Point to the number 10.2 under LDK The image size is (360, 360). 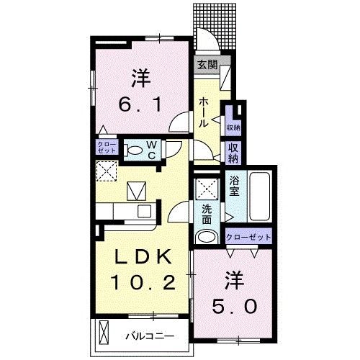coord(141,282)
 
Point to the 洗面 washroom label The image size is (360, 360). coord(207,214)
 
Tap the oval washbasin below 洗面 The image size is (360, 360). coord(207,238)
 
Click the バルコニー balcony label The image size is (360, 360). coord(150,335)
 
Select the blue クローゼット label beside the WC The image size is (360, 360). coord(107,148)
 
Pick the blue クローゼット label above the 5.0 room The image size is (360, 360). coord(249,237)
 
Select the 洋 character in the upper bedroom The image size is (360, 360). coord(140,75)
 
